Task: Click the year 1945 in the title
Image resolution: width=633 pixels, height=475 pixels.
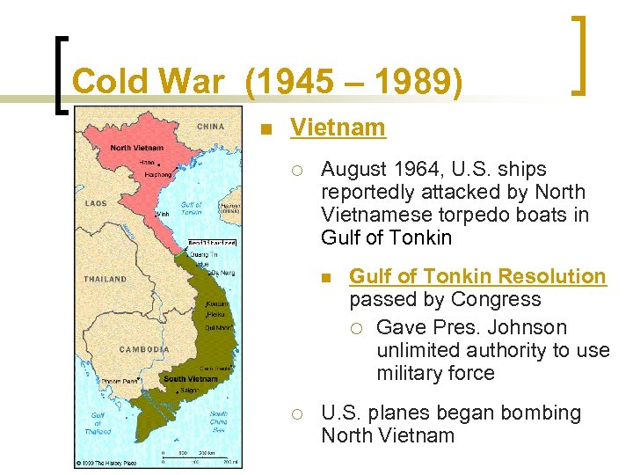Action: point(285,82)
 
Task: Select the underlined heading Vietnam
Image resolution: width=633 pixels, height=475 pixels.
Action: point(338,128)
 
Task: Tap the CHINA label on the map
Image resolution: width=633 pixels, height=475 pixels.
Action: point(211,127)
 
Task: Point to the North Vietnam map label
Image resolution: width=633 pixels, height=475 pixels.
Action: point(137,147)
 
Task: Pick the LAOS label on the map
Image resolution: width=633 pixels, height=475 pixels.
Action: point(96,203)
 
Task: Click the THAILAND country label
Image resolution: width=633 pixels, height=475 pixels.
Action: point(105,279)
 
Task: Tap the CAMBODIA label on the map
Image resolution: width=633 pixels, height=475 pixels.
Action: point(144,349)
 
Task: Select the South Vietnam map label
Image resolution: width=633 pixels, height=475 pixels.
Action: point(190,379)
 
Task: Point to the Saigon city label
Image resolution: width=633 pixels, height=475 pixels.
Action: point(190,391)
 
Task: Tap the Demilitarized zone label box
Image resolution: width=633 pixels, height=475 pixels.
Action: point(212,242)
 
